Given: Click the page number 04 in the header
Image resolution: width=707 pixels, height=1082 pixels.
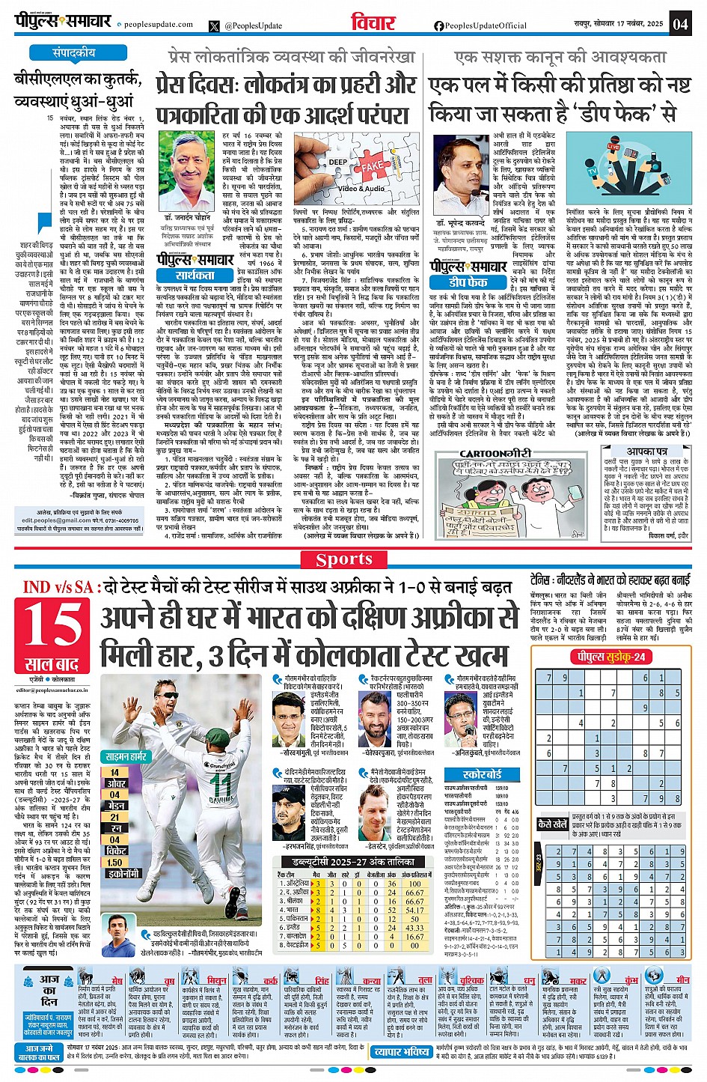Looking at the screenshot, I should point(679,23).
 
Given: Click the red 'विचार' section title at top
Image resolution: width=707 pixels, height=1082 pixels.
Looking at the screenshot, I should point(373,22).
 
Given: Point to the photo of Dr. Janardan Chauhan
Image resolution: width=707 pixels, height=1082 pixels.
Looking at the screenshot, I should point(189,171).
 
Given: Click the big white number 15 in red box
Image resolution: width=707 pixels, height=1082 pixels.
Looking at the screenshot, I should point(52,625).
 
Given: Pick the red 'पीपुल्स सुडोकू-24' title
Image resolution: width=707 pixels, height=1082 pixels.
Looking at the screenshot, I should point(608,657).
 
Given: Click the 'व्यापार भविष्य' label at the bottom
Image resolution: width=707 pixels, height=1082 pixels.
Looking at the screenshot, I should point(401,1052).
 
